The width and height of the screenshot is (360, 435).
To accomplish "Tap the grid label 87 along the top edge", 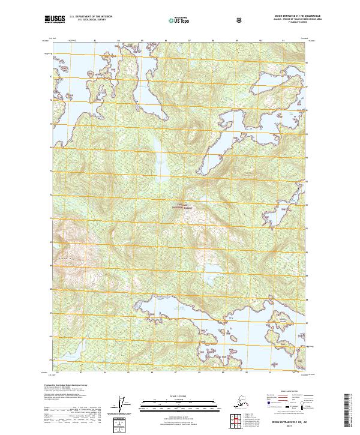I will pos(190,41).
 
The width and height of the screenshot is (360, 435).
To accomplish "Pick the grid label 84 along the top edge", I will pos(119,41).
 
